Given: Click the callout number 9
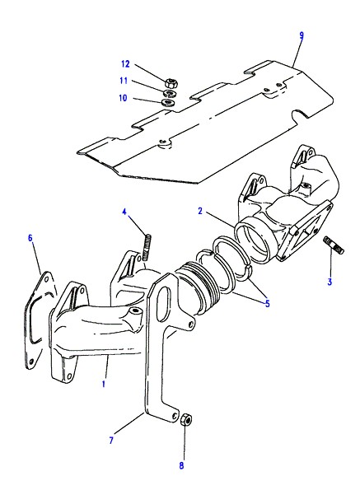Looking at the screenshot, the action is pos(302,35).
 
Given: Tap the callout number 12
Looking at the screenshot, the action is pos(125,64).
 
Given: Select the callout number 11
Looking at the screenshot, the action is pos(124,81).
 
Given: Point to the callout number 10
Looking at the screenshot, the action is pos(123,98).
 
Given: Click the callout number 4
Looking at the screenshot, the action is pos(124,212).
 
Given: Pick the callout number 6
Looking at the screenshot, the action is pos(30,238).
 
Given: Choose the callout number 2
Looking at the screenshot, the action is pos(200,211).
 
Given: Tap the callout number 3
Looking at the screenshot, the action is pos(330,282).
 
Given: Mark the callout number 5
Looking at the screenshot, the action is pos(268,303).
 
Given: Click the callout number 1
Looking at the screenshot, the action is pos(104,384).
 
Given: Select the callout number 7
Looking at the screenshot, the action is pos(111,441).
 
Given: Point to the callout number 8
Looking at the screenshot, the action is pos(181,465).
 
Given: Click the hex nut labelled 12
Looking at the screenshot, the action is pos(171,83).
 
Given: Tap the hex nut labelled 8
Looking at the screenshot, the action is pos(186,418).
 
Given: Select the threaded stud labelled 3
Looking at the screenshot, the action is pos(333,245).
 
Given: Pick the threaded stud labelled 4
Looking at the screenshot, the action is pos(147,247).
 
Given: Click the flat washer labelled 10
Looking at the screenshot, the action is pos(169,102).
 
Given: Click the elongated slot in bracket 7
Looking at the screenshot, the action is pos(165,304).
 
